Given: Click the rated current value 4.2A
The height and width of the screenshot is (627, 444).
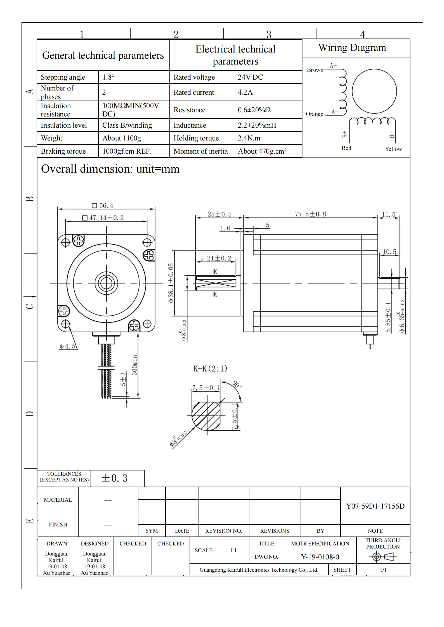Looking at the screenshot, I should click(245, 92).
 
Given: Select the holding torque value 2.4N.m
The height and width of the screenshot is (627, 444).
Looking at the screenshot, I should click(249, 138).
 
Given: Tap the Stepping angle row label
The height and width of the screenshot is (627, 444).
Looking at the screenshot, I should click(63, 77).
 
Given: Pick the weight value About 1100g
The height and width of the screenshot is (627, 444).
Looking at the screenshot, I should click(122, 138).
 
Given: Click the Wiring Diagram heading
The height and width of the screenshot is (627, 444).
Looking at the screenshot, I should click(352, 48).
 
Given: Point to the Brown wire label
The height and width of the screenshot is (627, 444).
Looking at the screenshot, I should click(315, 70).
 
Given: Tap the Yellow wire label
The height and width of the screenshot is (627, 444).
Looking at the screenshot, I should click(393, 149).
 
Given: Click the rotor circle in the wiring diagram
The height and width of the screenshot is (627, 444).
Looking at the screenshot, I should click(374, 91).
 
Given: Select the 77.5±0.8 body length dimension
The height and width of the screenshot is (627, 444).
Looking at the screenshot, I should click(310, 214).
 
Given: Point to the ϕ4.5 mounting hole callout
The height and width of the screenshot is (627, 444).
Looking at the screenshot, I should click(67, 346).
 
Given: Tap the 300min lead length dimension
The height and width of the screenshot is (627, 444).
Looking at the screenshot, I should click(134, 365).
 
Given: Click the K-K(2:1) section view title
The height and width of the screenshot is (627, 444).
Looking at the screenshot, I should click(210, 369).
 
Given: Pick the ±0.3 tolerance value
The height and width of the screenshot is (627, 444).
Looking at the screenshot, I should click(114, 478).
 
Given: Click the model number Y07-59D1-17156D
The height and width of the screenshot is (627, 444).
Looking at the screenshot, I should click(375, 506).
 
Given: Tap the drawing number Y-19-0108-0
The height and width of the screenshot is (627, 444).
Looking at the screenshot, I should click(320, 557).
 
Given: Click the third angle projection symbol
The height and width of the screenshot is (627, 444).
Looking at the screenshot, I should click(383, 557).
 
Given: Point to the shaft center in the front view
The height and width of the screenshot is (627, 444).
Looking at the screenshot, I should click(106, 283).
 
